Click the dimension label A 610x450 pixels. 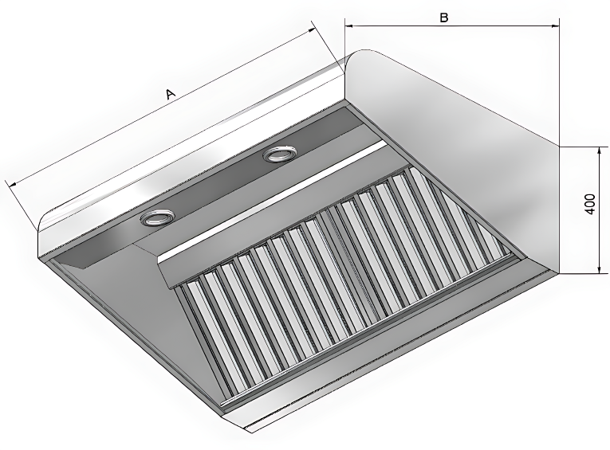point(171,94)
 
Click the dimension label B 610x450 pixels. point(444,18)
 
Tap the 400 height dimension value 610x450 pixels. point(590,204)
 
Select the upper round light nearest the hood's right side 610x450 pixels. point(278,155)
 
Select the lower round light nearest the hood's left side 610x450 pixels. point(157,218)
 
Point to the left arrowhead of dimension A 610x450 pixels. point(14,184)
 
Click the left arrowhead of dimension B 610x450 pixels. point(349,26)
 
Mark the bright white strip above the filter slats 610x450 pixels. point(274,201)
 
